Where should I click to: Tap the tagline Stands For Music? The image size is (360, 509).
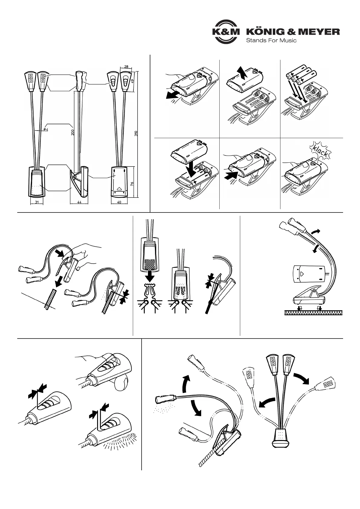271,41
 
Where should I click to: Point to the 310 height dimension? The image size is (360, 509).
136,133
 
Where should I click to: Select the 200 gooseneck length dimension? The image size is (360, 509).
73,132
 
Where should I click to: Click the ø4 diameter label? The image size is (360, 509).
46,129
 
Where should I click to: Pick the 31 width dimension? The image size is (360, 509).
37,202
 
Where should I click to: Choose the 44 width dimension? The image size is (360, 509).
79,202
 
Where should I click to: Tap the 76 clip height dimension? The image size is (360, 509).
133,183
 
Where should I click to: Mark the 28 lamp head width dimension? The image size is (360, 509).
126,67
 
